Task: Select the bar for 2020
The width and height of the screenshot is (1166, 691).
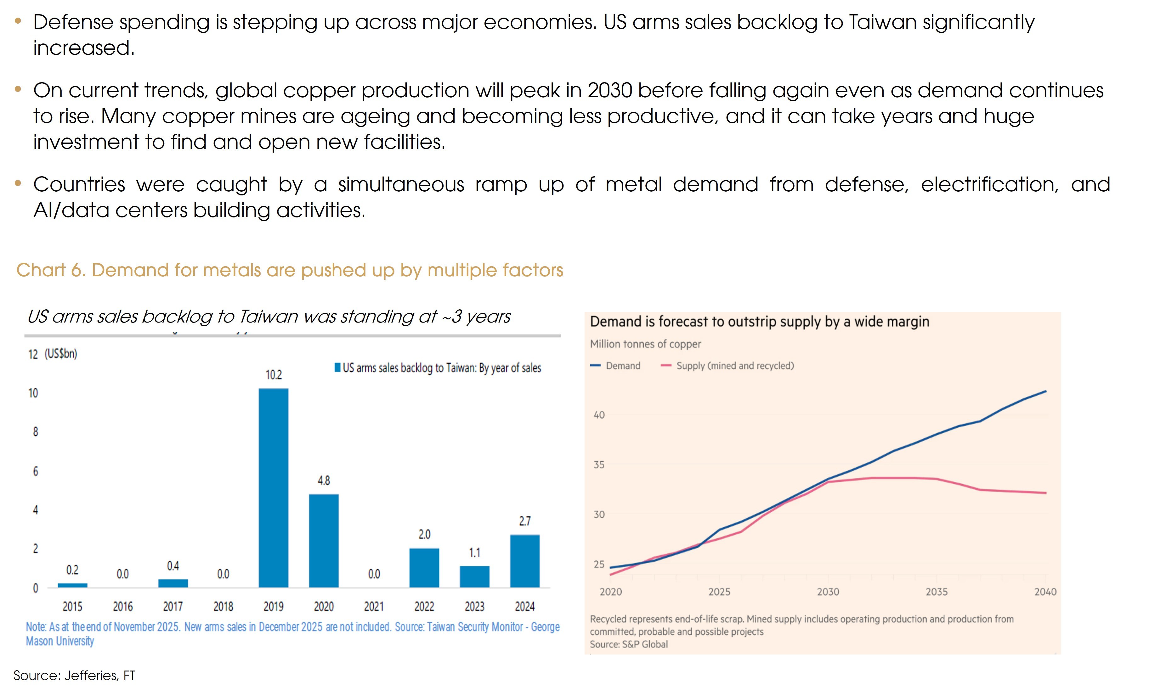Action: (324, 540)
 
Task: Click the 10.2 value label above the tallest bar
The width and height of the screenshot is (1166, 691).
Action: (274, 375)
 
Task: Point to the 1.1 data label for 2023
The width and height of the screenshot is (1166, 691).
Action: (474, 553)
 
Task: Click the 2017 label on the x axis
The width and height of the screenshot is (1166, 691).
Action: (173, 606)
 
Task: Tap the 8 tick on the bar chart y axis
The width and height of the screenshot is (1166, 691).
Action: (35, 432)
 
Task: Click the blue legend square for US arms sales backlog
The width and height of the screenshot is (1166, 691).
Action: (337, 368)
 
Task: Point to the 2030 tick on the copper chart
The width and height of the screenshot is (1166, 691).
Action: (828, 592)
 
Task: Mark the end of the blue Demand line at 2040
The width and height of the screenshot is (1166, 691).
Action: (1045, 391)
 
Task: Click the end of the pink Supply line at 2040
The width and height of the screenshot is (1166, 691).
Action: (1045, 493)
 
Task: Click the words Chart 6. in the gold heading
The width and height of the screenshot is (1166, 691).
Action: (51, 270)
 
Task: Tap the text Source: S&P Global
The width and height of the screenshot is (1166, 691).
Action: (628, 644)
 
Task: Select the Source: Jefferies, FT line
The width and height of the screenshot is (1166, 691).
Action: (75, 675)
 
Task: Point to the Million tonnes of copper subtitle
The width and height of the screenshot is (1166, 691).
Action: (645, 344)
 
